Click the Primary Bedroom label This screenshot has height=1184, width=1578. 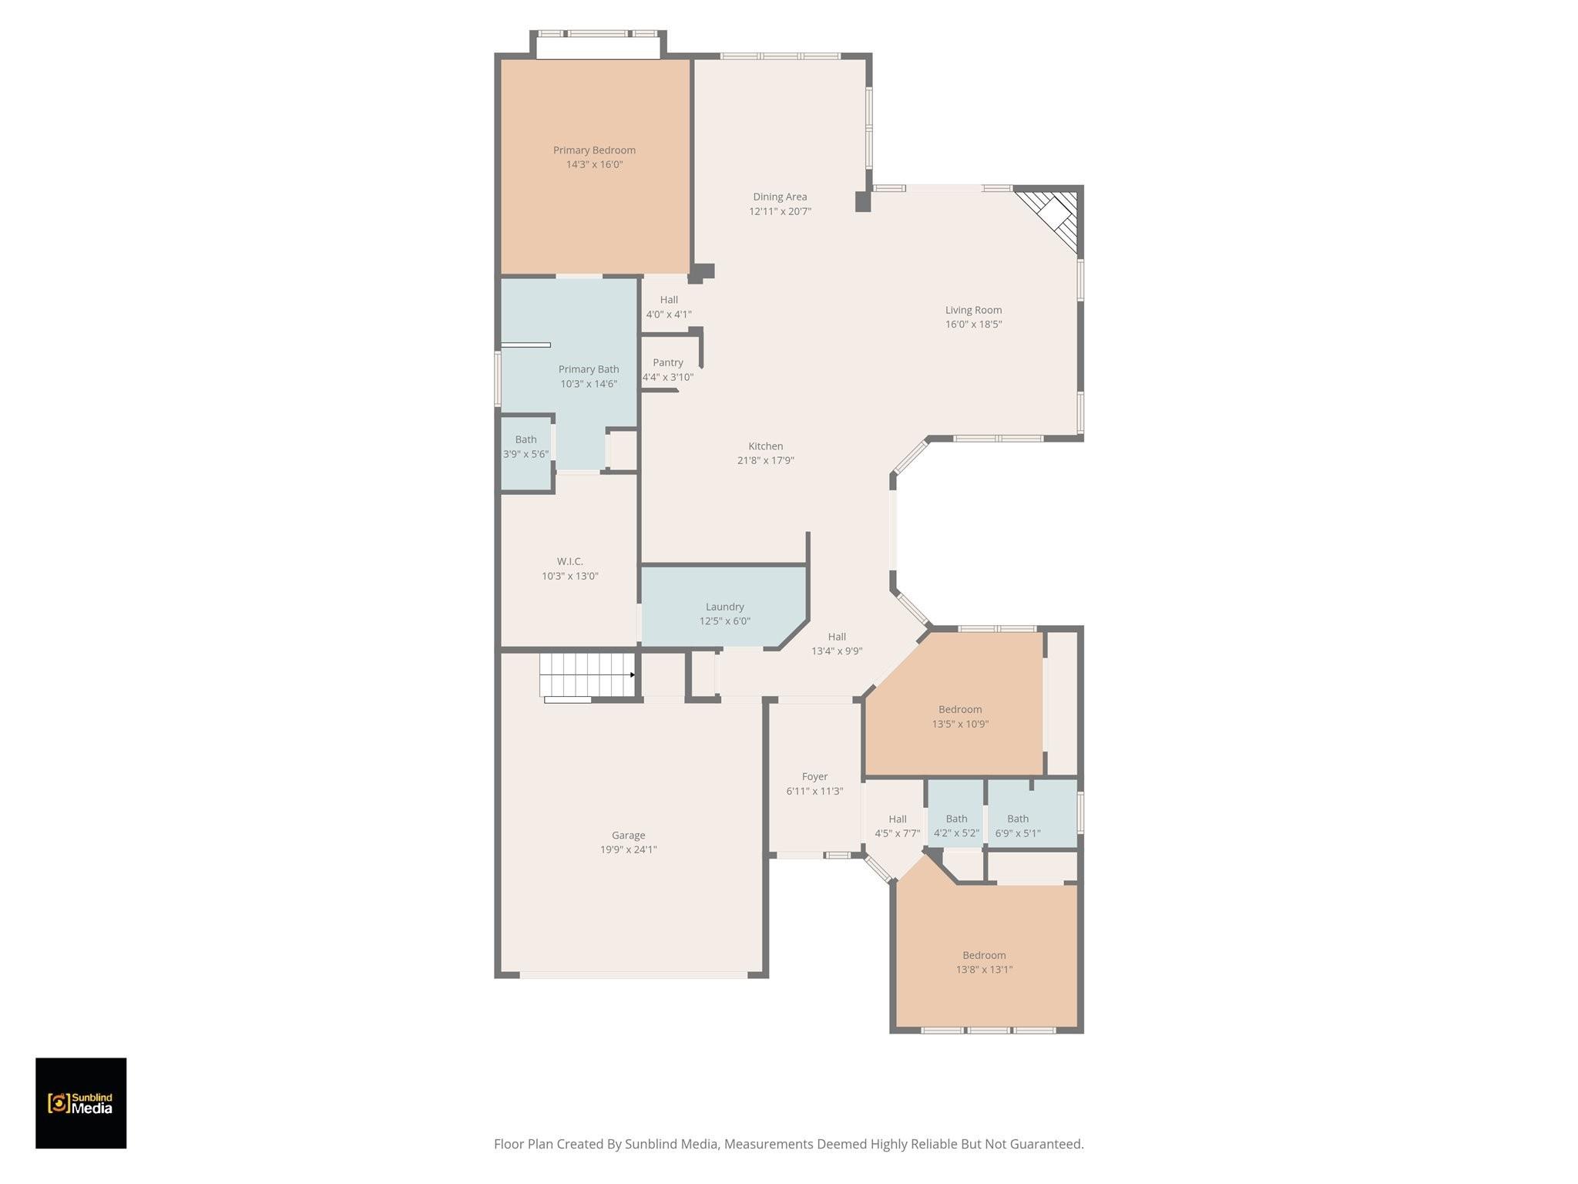[x=594, y=150]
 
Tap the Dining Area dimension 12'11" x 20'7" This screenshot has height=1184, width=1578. [x=780, y=211]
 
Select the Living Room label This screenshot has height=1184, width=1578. [x=973, y=310]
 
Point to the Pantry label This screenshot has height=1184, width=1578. [x=668, y=362]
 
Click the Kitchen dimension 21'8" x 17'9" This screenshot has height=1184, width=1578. [x=765, y=460]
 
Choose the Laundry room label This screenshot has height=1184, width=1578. [x=724, y=607]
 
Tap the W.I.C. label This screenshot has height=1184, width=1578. [x=570, y=561]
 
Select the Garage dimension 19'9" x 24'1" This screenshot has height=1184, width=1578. [x=629, y=849]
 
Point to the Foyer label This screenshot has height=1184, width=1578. [x=814, y=777]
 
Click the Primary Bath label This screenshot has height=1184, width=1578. [x=589, y=369]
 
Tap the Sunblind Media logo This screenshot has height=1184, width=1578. [x=81, y=1103]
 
